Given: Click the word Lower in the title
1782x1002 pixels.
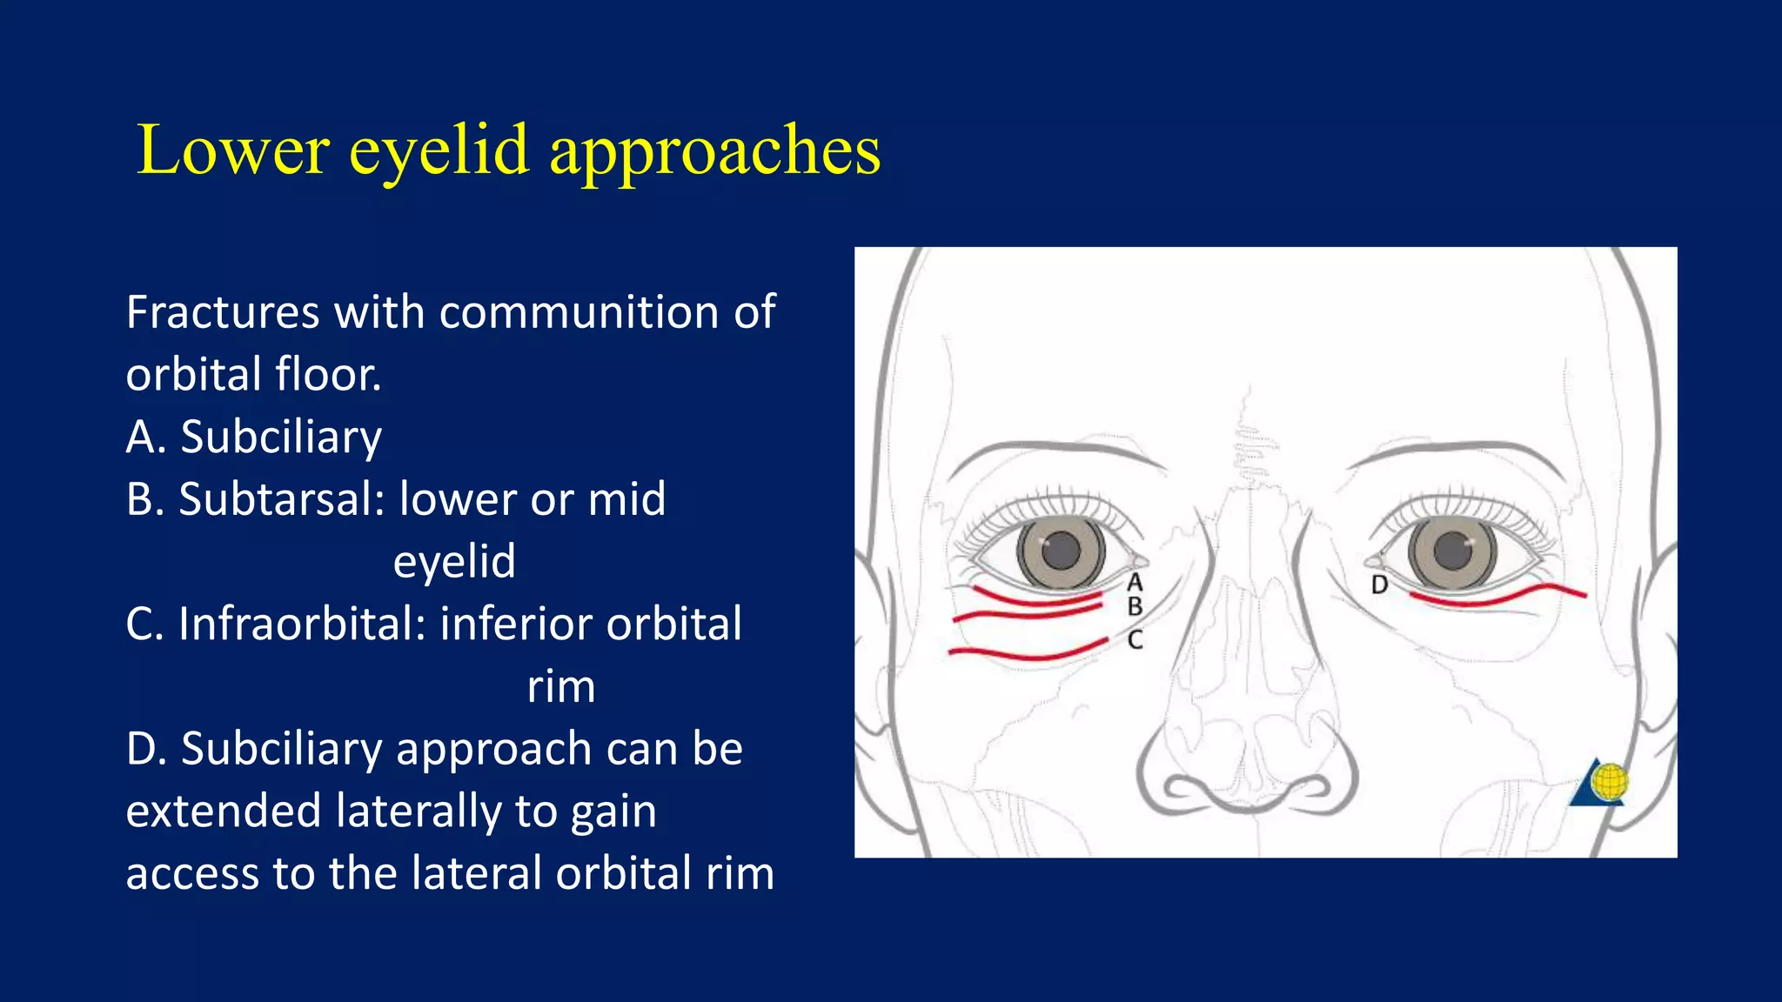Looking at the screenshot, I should [x=233, y=150].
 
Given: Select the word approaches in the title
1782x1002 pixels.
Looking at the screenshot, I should [x=714, y=150].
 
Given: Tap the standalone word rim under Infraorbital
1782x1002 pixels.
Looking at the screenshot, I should [x=561, y=686].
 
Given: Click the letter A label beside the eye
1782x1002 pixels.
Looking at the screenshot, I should [x=1135, y=582].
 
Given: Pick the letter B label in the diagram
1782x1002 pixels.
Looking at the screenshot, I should [x=1135, y=606].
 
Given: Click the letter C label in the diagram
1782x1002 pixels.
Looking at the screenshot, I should [x=1135, y=641].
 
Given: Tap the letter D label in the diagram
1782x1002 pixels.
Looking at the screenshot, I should [x=1379, y=584].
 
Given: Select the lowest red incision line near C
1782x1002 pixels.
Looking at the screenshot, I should [x=1027, y=654].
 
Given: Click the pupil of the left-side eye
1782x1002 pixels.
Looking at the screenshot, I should [x=1061, y=550].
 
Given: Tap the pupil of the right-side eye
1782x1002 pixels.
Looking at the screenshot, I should [x=1451, y=550].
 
